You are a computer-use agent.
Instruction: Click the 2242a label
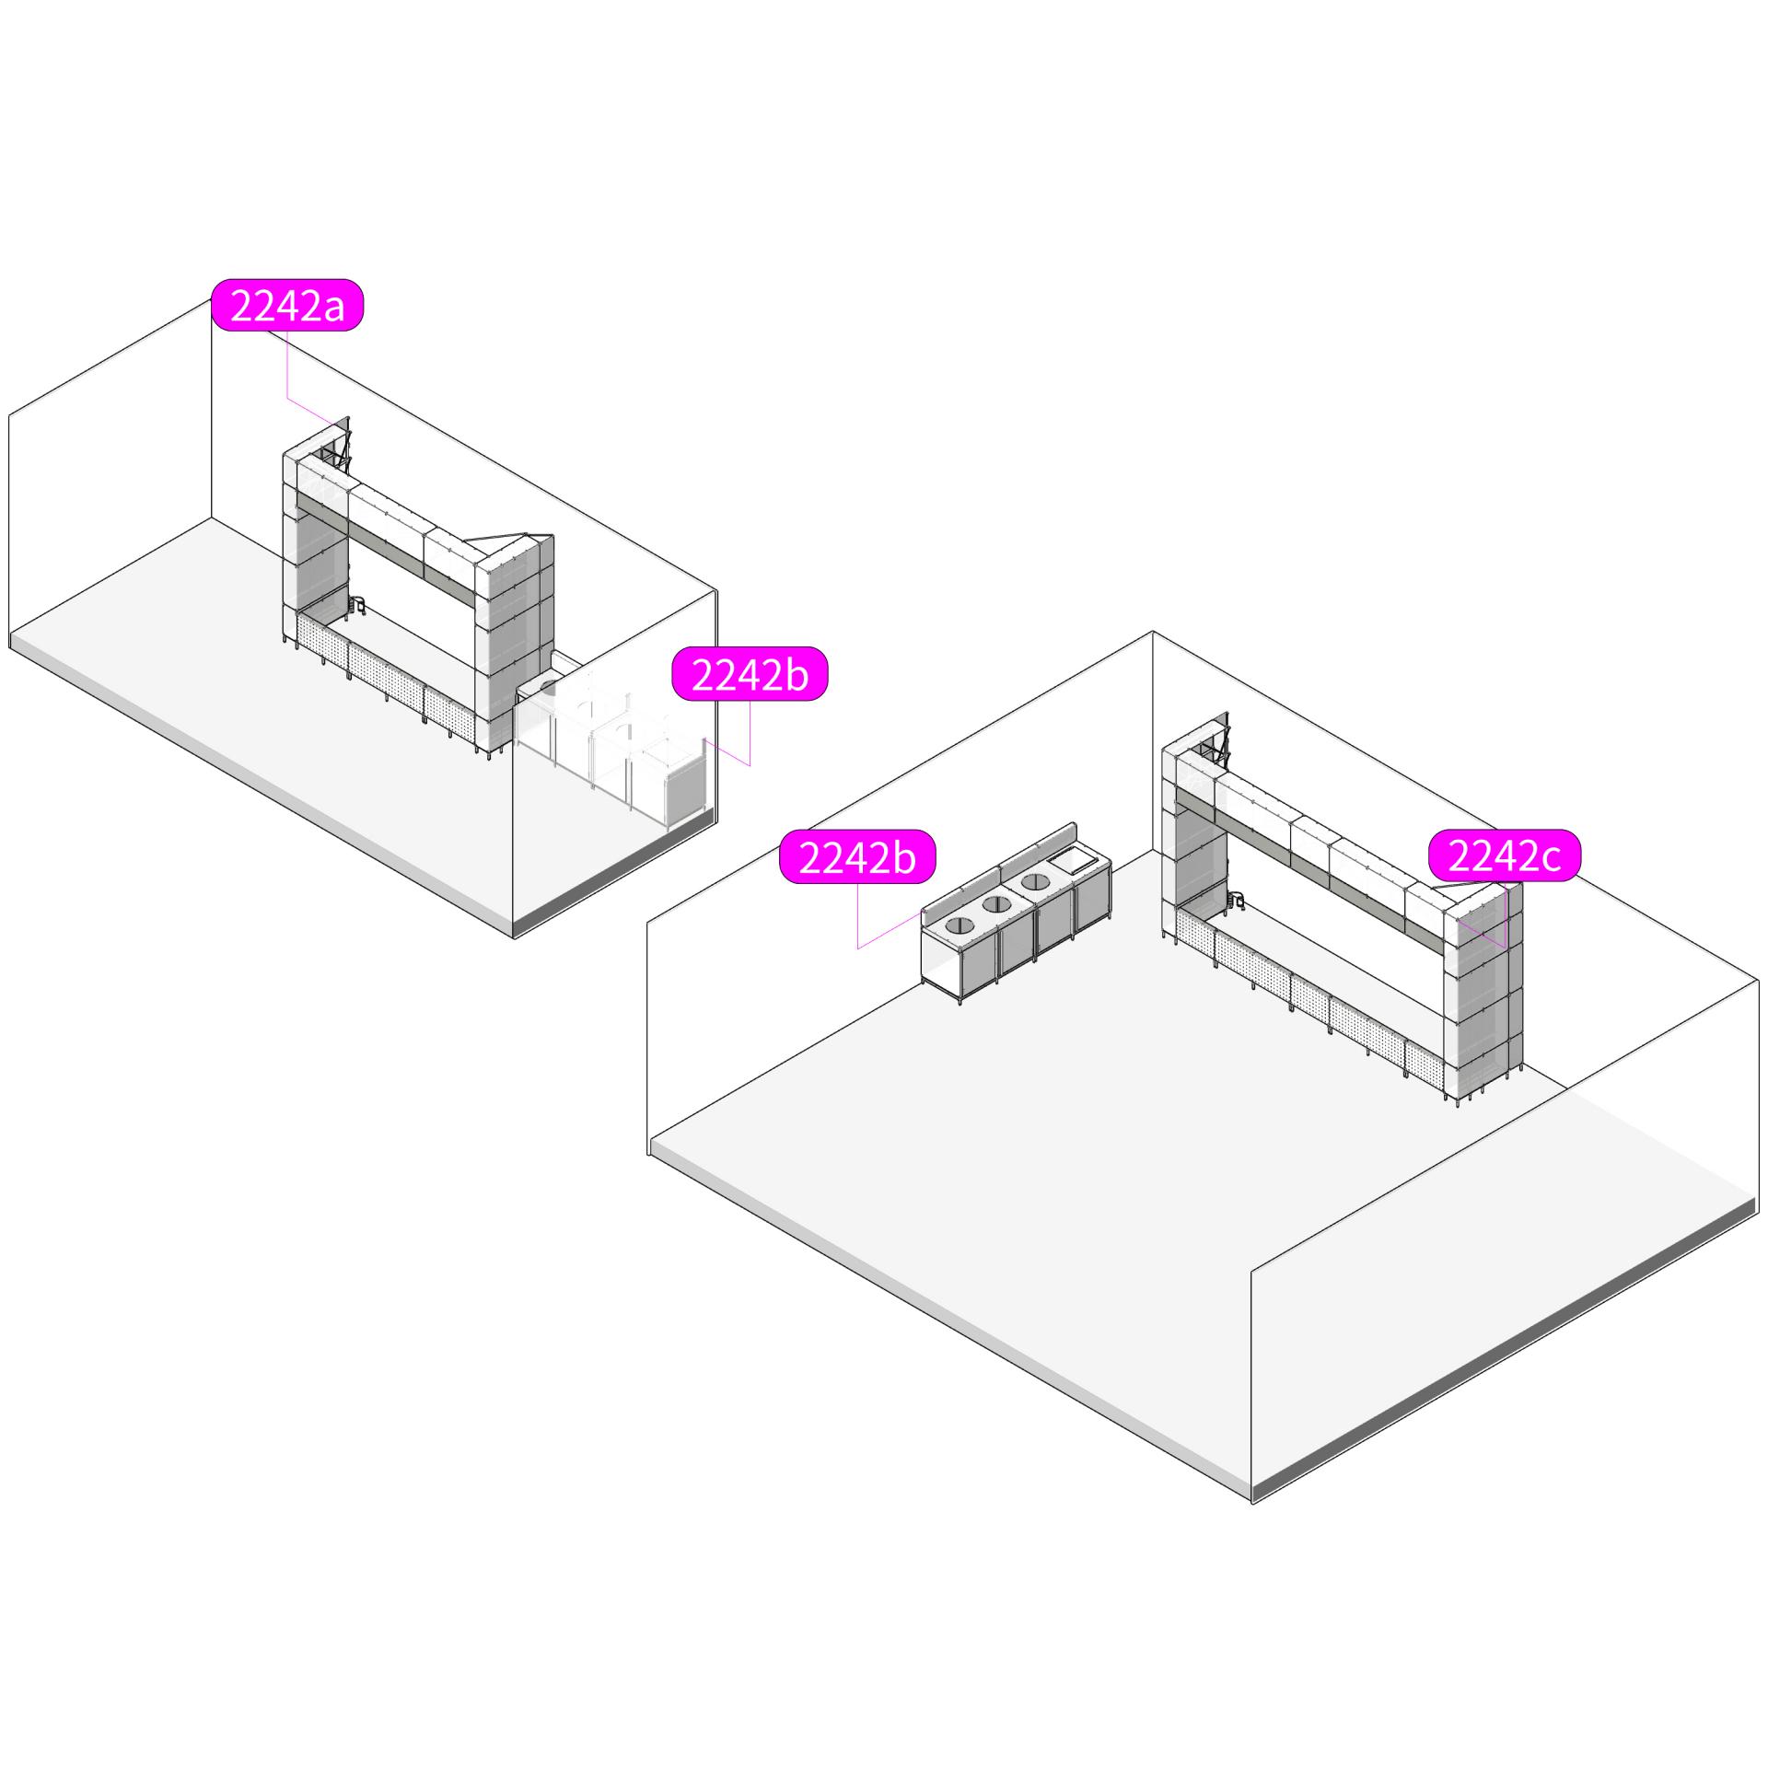coord(287,305)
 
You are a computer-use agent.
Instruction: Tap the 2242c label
coord(1505,856)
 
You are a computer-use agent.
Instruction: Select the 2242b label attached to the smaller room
coord(750,674)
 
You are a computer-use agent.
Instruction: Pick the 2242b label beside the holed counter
coord(857,857)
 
